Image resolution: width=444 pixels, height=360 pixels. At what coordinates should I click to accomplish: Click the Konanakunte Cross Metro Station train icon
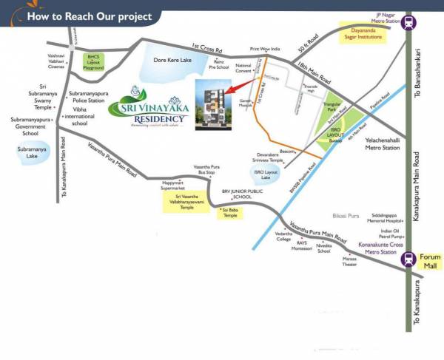pyautogui.click(x=408, y=259)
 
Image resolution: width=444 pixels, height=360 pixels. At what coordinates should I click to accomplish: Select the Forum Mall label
pyautogui.click(x=430, y=262)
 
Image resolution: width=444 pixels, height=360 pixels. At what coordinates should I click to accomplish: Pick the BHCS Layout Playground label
pyautogui.click(x=93, y=61)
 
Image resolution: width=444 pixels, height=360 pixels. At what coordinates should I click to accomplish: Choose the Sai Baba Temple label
pyautogui.click(x=229, y=214)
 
